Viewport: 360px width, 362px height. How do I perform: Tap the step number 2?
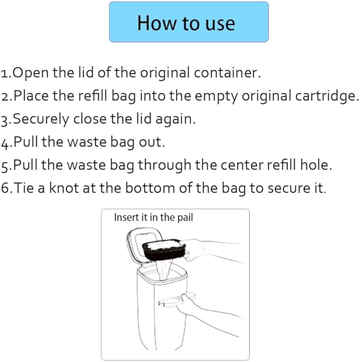click(x=5, y=97)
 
